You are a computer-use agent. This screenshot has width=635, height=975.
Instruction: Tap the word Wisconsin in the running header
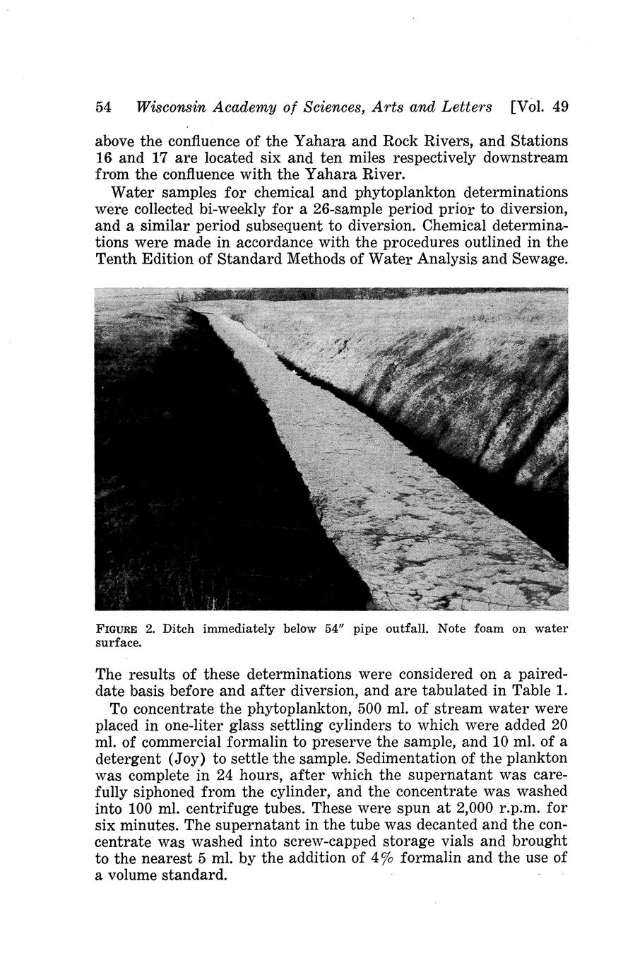click(x=170, y=107)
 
